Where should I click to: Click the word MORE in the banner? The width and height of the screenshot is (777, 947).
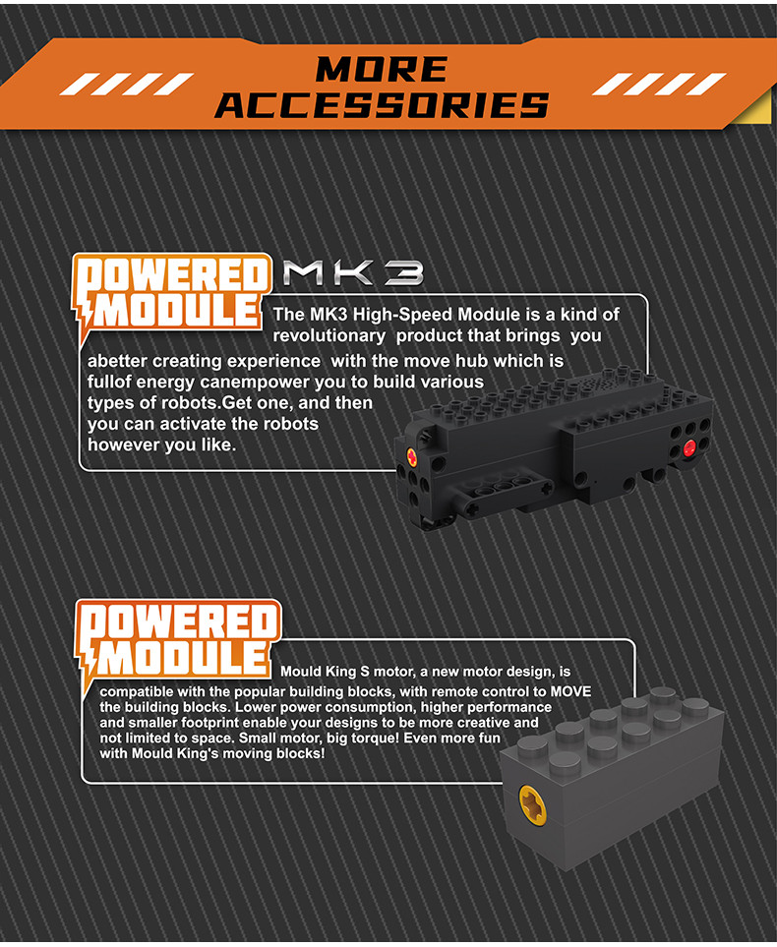coord(382,69)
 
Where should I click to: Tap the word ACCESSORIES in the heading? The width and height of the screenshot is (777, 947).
coord(382,104)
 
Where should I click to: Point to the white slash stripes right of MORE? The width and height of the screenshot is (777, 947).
coord(657,85)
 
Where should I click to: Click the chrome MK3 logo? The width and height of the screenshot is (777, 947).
coord(352,273)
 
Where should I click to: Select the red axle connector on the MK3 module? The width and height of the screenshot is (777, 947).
coord(687,449)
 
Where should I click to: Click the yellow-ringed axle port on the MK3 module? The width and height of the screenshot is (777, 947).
coord(410,455)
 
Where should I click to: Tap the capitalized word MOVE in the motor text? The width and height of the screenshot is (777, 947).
coord(568,691)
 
